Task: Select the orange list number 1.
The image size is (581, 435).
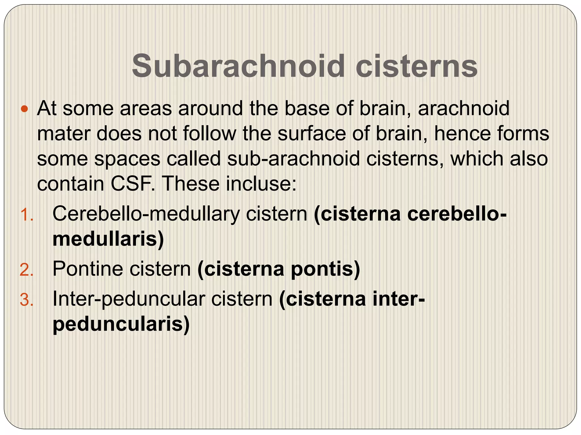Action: point(27,215)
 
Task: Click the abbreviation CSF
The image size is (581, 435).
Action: point(133,184)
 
